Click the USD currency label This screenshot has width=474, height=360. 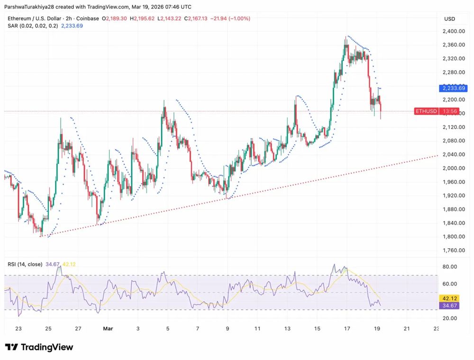[x=449, y=19]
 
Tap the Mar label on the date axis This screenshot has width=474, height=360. [x=108, y=328]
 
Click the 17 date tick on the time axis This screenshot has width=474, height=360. [x=347, y=328]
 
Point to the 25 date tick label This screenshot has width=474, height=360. [x=48, y=328]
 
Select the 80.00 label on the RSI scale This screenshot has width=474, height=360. [x=449, y=267]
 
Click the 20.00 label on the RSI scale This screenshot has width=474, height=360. [x=449, y=318]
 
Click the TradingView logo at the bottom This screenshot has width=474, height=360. [x=39, y=347]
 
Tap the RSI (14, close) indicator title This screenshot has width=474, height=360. [x=25, y=264]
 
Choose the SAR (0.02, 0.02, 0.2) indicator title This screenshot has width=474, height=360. [x=32, y=26]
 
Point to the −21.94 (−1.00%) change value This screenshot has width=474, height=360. [x=232, y=18]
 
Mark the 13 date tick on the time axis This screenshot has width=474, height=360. [x=287, y=328]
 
